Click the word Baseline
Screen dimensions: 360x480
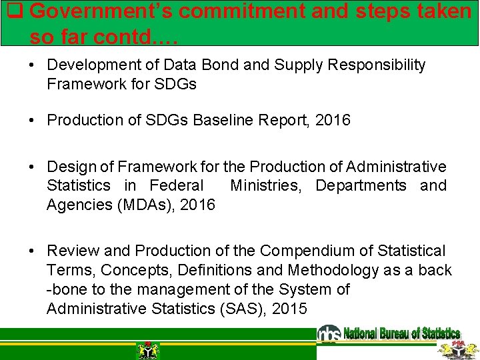[227, 120]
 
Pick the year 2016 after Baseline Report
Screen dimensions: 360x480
[333, 120]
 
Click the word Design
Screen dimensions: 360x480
[70, 167]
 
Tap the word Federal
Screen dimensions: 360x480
[177, 185]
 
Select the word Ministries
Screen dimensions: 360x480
[265, 185]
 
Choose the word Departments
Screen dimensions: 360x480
[361, 185]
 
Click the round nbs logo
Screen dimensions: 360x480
[329, 333]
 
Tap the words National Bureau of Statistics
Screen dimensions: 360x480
[401, 333]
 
